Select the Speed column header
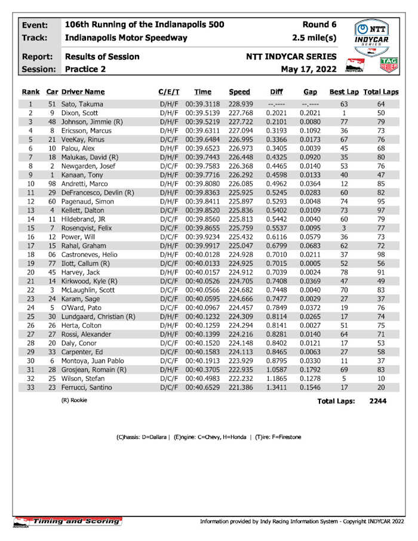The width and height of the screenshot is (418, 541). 239,92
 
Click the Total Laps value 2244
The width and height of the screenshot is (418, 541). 377,401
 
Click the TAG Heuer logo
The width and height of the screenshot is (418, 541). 389,65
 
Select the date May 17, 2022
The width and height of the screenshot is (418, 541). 309,69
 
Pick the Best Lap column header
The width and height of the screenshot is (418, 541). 344,92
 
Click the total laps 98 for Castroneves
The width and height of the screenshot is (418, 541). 382,255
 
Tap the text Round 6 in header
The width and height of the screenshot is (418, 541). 319,24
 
